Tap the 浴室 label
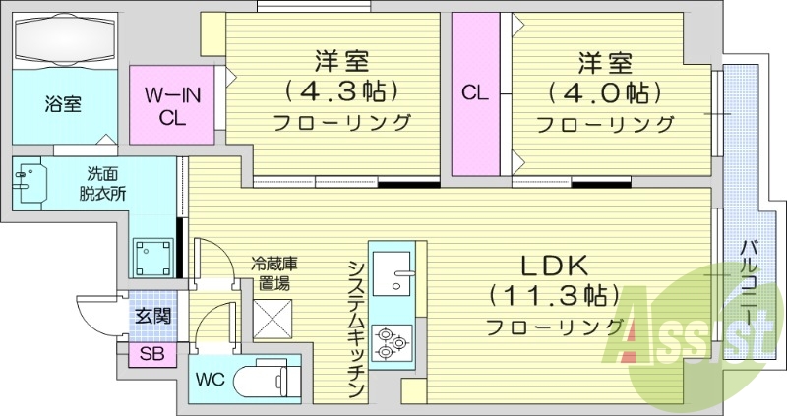pos(63,104)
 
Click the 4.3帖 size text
pos(342,91)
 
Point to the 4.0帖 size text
pos(604,92)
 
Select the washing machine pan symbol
pos(152,258)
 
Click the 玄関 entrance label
pos(152,317)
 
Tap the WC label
pos(210,379)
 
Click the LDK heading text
pos(553,266)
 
